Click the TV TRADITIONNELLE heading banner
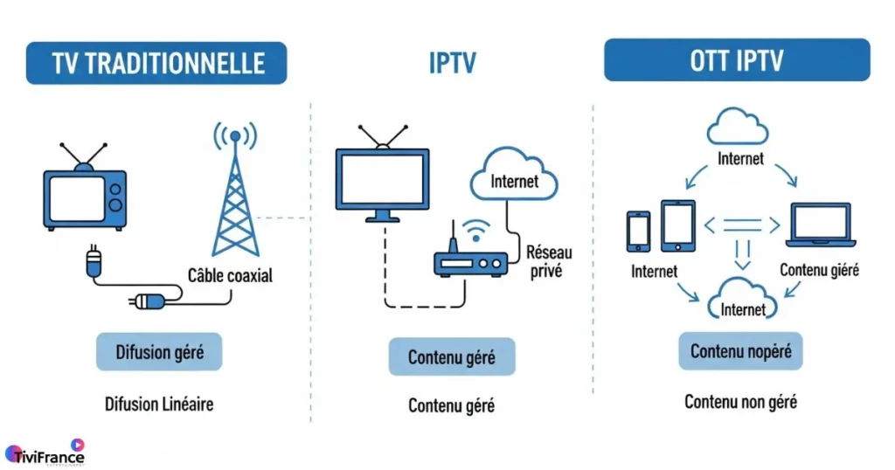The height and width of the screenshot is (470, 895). [x=156, y=63]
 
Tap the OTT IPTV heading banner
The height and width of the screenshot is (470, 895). [x=737, y=60]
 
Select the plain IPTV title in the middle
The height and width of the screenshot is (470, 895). [x=451, y=64]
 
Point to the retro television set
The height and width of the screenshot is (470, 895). [x=84, y=189]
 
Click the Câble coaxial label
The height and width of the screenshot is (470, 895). [x=230, y=276]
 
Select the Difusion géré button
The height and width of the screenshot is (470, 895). [x=159, y=352]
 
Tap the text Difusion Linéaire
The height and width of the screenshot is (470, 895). [x=159, y=404]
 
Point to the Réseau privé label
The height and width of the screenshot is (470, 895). [x=549, y=261]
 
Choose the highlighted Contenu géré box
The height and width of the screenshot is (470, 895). [x=451, y=357]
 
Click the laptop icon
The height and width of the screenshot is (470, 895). [x=819, y=225]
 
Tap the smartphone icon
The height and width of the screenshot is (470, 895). [x=639, y=231]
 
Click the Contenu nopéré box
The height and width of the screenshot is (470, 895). [x=740, y=351]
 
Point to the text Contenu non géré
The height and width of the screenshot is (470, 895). [x=740, y=402]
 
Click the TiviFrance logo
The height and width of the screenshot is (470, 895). [x=45, y=455]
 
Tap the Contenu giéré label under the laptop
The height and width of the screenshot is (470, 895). [x=819, y=270]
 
